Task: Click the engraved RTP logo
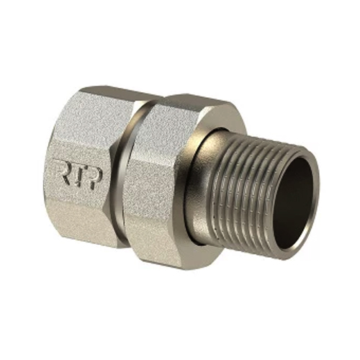(x=79, y=174)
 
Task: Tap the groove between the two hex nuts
(x=122, y=173)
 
